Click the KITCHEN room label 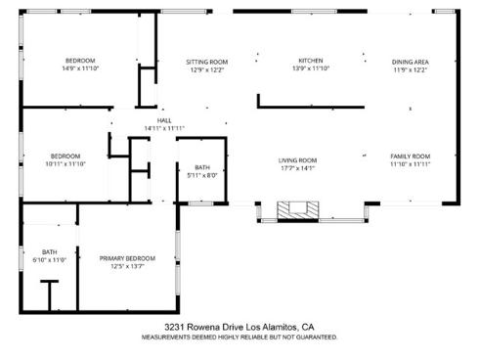coord(310,61)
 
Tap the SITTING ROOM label coord(206,62)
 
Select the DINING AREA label coord(411,62)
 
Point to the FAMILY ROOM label coord(411,157)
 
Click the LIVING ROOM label coord(298,159)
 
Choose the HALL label coord(164,120)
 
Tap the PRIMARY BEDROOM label coord(127,258)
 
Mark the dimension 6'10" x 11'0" coord(49,260)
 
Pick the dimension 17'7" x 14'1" coord(298,167)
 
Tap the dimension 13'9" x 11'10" coord(310,68)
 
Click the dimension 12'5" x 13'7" coord(127,266)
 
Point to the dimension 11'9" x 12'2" coord(411,69)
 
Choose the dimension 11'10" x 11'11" coord(411,164)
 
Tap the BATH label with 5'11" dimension coord(202,167)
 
